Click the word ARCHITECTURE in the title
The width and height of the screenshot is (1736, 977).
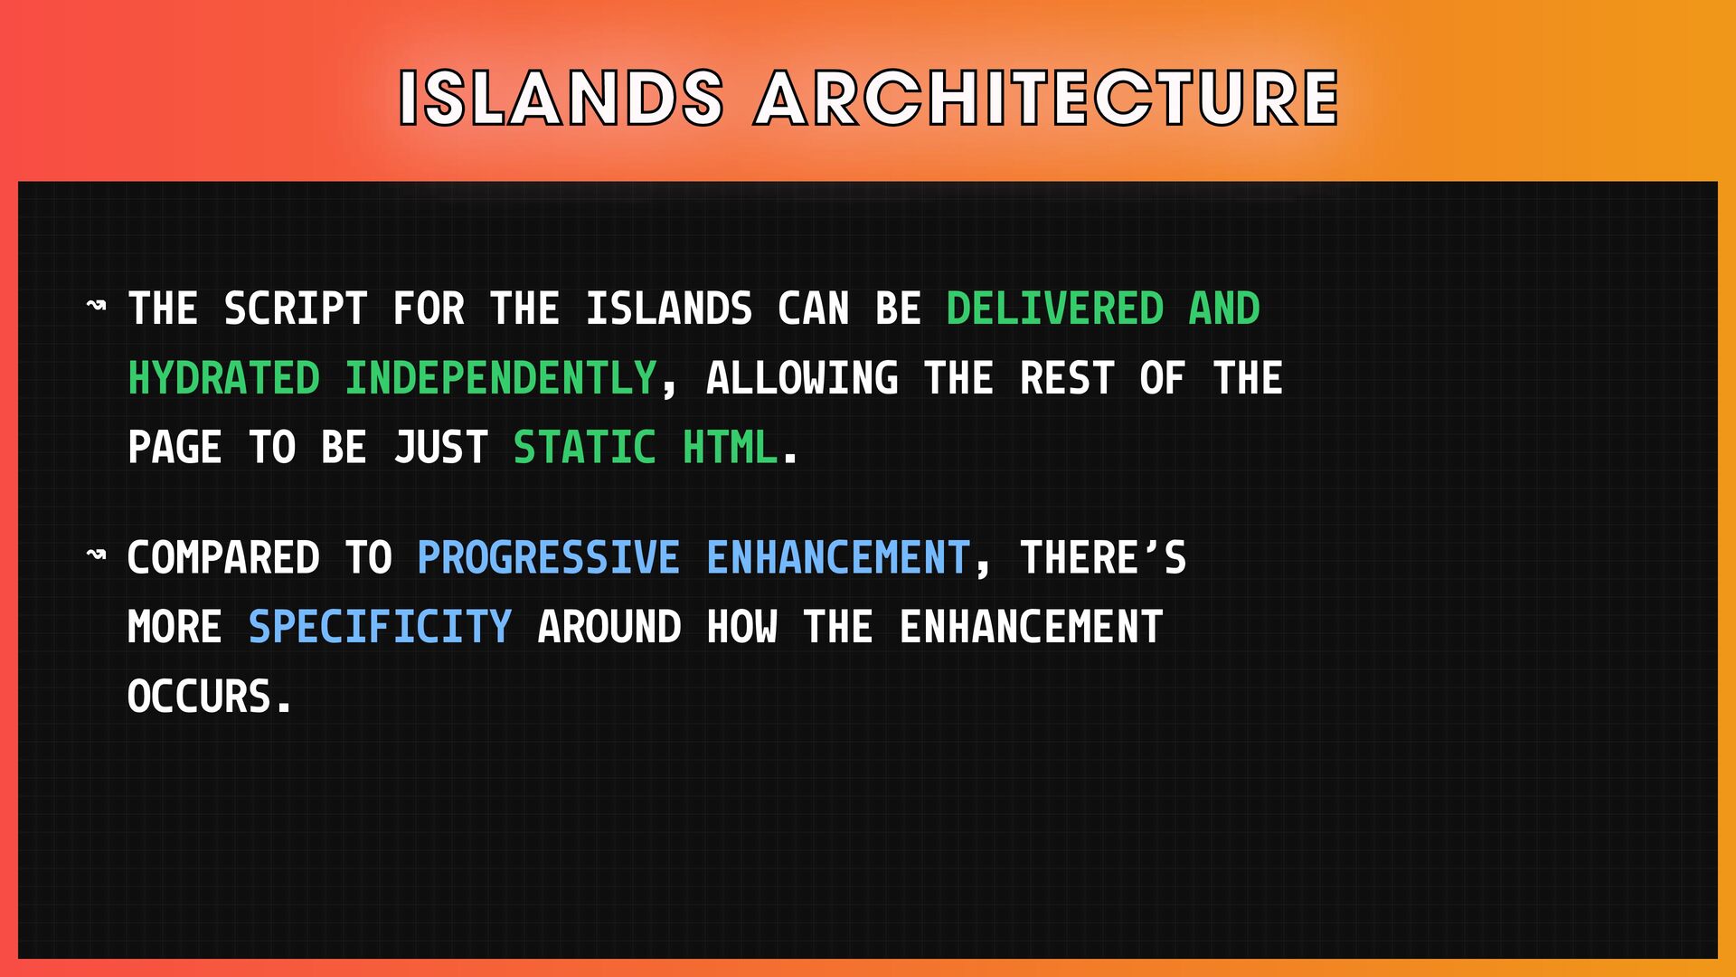coord(1047,98)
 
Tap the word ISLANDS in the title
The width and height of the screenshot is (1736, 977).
coord(561,98)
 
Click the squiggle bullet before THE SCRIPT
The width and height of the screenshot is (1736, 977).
coord(96,306)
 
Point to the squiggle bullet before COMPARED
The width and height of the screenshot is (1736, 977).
coord(96,555)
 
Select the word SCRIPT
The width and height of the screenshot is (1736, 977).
coord(296,308)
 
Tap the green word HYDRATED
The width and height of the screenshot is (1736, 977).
coord(224,378)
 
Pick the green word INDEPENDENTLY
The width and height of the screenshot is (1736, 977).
coord(501,378)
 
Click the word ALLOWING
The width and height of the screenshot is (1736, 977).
coord(802,378)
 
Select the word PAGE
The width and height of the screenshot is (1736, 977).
coord(175,448)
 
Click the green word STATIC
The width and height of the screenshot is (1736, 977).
coord(585,448)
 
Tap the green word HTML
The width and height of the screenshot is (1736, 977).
coord(730,448)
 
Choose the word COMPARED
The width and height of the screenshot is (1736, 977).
coord(224,557)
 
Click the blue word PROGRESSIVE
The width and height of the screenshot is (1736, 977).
coord(549,557)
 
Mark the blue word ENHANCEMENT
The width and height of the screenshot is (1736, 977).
coord(838,557)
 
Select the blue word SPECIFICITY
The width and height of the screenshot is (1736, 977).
coord(381,627)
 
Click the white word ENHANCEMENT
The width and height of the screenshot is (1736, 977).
coord(1031,627)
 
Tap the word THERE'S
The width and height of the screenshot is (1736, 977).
coord(1103,557)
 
